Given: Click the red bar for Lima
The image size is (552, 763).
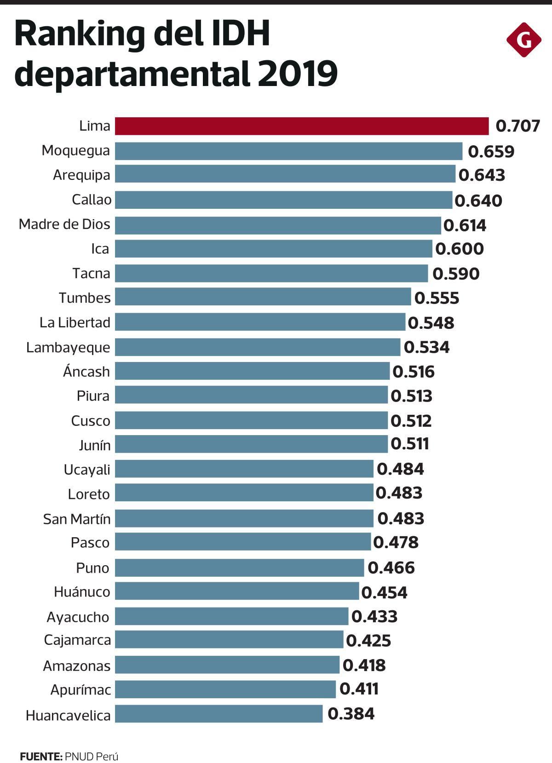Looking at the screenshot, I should pos(302,126).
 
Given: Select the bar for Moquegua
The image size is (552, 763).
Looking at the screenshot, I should pos(288,151).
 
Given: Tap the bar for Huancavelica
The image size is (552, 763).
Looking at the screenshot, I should pos(218,714).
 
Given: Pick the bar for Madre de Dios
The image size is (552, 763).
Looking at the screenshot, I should pos(278,225).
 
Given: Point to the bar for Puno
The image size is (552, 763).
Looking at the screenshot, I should pos(239,568).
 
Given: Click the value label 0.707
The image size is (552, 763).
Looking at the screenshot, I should pos(517,126).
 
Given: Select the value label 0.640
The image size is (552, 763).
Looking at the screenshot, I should pos(478,201).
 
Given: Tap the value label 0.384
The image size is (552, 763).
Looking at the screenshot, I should pos(351,714).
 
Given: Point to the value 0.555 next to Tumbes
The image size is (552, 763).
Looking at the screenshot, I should pos(437,298).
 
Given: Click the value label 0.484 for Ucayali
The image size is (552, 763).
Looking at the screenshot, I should pos(400,469).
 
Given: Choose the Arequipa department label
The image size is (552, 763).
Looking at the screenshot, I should pos(81,175).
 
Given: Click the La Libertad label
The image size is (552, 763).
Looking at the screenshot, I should pos(75,322).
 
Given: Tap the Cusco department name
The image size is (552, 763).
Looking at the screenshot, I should pos(91,421).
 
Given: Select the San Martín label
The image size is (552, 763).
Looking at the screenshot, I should pos(77,519).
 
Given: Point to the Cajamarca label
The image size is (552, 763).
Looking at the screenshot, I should pos(77,640).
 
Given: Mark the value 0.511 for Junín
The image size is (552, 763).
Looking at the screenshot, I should pos(410,444).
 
